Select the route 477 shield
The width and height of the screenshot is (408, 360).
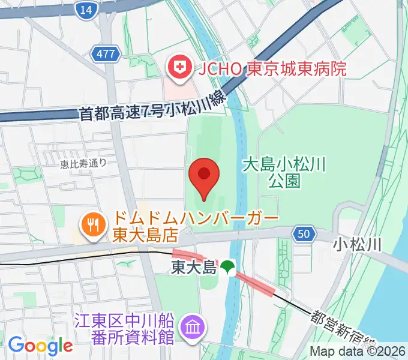coord(104,55)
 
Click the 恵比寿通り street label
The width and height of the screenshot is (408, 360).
coord(83,162)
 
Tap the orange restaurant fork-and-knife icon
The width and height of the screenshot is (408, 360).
coord(92,225)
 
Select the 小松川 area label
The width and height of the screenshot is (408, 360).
coord(358,244)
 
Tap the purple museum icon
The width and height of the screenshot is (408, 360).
coord(194,327)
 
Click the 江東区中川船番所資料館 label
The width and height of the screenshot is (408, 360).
coord(125,327)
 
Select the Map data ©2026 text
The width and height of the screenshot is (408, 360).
coord(358,352)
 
